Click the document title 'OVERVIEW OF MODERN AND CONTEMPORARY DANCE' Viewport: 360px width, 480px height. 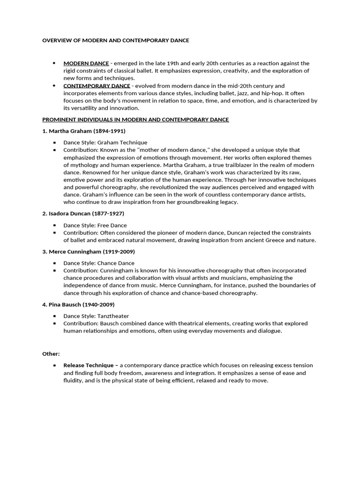click(x=116, y=41)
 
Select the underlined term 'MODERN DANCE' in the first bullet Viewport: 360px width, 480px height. click(x=86, y=63)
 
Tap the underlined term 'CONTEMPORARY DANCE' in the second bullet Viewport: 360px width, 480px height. click(x=97, y=86)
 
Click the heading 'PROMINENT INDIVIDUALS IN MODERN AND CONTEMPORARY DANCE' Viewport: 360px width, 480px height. click(x=135, y=120)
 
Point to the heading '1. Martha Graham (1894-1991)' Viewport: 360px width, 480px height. click(x=84, y=131)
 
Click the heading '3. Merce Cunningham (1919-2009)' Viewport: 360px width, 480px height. click(x=89, y=252)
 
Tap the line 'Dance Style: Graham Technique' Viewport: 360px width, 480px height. click(x=105, y=142)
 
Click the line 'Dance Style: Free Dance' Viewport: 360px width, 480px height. click(x=95, y=225)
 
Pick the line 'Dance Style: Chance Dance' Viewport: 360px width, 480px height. click(x=99, y=263)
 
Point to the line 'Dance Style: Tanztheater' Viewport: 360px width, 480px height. click(x=96, y=316)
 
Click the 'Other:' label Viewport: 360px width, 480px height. click(x=51, y=354)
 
